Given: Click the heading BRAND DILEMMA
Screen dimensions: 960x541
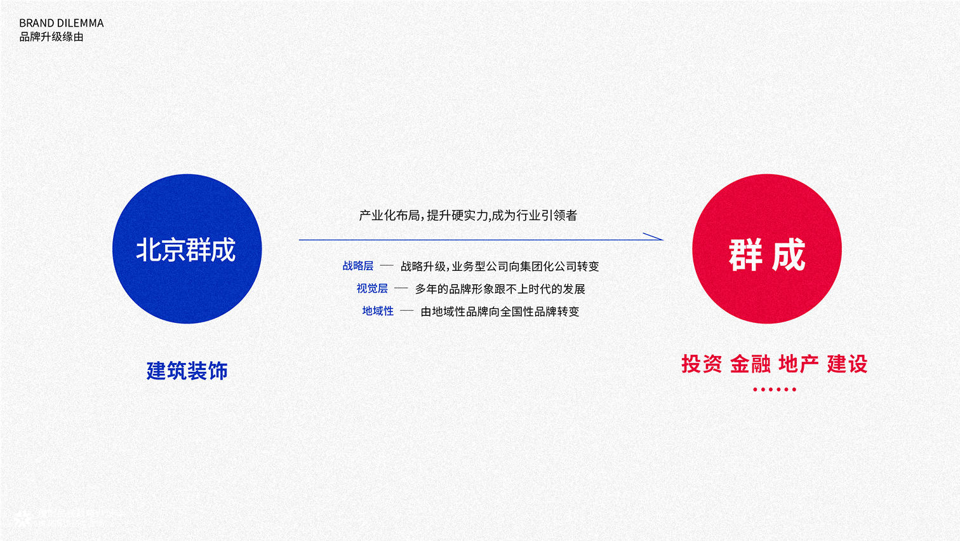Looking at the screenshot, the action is tap(62, 23).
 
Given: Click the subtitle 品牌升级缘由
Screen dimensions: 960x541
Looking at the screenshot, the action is tap(51, 37).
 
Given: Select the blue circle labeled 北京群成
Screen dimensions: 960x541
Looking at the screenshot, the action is tap(187, 249).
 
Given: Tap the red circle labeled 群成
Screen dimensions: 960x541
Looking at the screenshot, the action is tap(767, 249).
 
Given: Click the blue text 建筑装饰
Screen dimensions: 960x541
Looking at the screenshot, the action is tap(187, 371).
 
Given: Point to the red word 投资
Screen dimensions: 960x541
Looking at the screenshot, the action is tap(702, 364).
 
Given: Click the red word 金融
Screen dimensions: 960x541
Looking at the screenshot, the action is tap(750, 364).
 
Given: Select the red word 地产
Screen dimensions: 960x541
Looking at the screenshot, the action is tap(799, 364).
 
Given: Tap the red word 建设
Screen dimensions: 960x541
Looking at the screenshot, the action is tap(847, 364).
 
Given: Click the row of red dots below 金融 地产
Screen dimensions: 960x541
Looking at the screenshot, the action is tap(775, 390).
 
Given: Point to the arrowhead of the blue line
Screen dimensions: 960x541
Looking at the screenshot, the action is tap(663, 240).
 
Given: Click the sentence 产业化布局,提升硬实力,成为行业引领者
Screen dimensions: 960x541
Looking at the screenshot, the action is tap(468, 216).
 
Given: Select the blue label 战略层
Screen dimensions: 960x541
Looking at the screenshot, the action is tap(358, 266).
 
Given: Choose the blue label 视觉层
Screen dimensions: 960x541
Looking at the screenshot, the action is tap(372, 289).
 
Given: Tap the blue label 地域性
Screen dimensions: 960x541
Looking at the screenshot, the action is tap(378, 311).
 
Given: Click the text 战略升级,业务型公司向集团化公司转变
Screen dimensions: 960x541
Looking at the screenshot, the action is tap(500, 266).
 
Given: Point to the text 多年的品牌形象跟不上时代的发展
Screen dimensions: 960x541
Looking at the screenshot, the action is tap(500, 289).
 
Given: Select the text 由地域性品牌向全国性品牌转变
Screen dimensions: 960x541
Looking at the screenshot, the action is tap(500, 312).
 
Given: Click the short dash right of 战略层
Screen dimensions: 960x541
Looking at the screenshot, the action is tap(387, 266).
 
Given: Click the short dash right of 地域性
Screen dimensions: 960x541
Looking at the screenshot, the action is tap(407, 311).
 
